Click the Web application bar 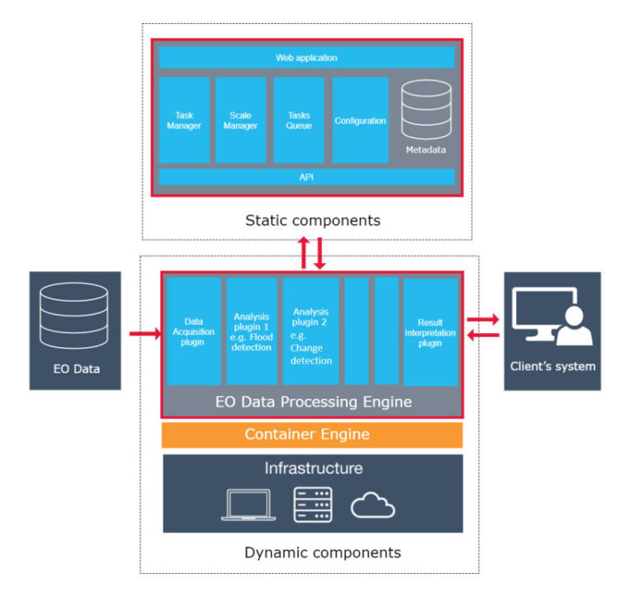click(x=306, y=58)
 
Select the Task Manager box click(x=184, y=120)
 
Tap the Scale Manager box click(x=241, y=120)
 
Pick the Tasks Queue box click(x=298, y=120)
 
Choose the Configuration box click(x=360, y=120)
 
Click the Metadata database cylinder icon click(x=426, y=109)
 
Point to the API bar click(x=306, y=177)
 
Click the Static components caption click(x=313, y=220)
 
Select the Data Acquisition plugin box click(x=194, y=331)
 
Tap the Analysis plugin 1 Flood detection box click(x=251, y=331)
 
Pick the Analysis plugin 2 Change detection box click(x=311, y=331)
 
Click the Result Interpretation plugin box click(x=431, y=332)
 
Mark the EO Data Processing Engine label click(x=314, y=401)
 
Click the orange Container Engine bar click(x=312, y=435)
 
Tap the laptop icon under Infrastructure click(x=249, y=505)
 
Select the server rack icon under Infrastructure click(x=313, y=505)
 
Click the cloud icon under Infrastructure click(x=373, y=505)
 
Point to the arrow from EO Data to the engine click(x=145, y=334)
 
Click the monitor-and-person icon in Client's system click(x=552, y=317)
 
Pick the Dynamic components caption click(x=323, y=553)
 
